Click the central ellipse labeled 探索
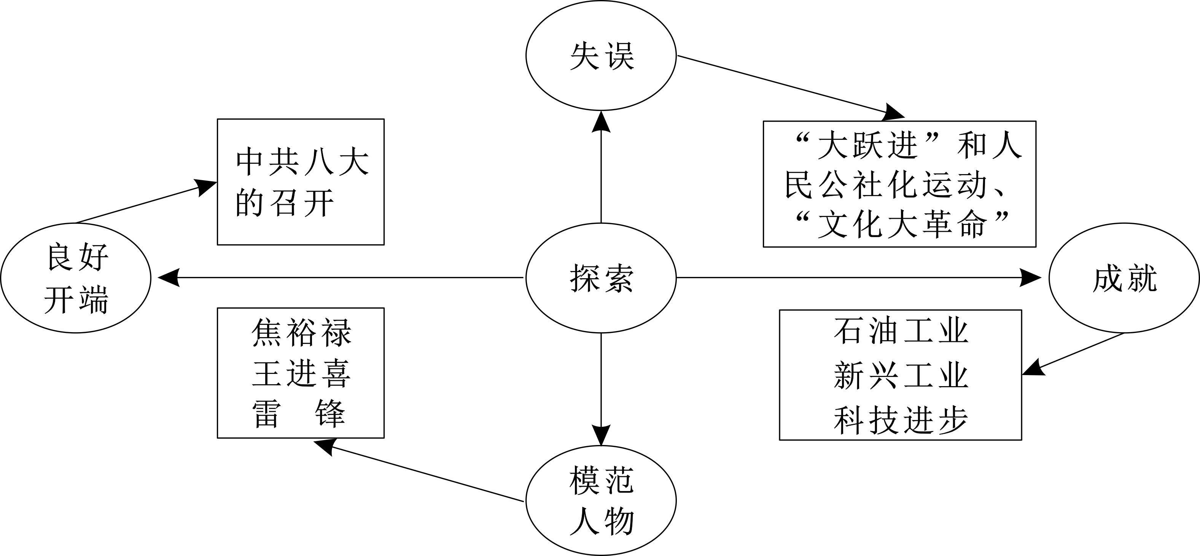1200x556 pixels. tap(601, 278)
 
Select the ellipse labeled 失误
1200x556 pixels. tap(601, 56)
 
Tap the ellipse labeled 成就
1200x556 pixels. tap(1124, 278)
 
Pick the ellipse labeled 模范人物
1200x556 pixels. tap(601, 502)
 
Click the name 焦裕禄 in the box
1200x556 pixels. tap(301, 333)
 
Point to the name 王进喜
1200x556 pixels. tap(301, 374)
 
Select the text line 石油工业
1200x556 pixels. tap(901, 331)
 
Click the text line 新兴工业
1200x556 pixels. tap(901, 376)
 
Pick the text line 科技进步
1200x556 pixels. tap(901, 420)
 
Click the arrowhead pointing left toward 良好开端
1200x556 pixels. tap(169, 278)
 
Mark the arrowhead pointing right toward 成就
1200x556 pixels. tap(1030, 278)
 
